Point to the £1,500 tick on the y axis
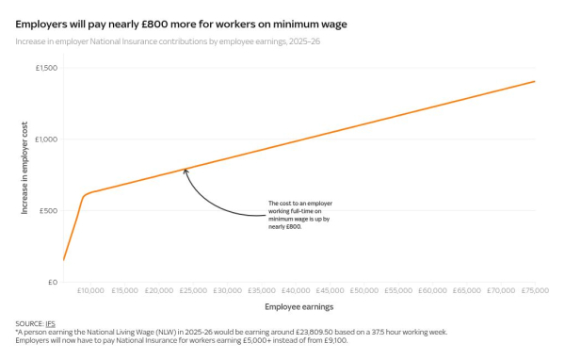pos(46,68)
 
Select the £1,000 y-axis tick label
pos(46,139)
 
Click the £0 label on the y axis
pos(53,282)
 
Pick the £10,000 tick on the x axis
pos(90,291)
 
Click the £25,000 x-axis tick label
pos(193,291)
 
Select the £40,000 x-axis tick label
pos(296,291)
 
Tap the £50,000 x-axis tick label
pos(364,291)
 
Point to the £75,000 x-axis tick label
pos(535,291)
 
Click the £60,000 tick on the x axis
pos(432,291)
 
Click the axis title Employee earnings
pos(299,307)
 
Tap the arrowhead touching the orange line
pos(186,171)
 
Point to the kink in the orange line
pos(84,195)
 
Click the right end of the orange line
pos(535,81)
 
